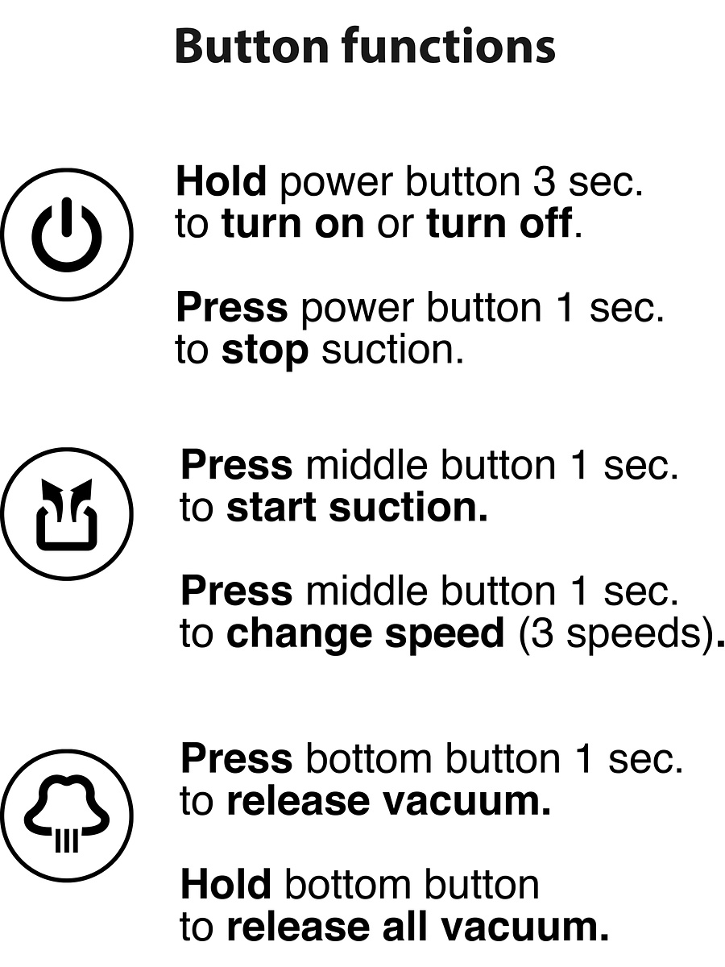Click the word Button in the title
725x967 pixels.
252,46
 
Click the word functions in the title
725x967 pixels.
448,45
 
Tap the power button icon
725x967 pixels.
67,234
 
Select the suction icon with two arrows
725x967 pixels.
67,513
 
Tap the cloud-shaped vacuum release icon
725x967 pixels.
67,816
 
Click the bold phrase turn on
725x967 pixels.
293,223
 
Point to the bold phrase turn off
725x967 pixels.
499,223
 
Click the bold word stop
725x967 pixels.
265,351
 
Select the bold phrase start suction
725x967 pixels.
357,507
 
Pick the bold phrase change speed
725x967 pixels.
366,633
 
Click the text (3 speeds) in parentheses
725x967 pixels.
619,634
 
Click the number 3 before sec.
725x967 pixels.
545,181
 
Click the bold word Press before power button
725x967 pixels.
232,308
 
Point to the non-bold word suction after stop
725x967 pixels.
392,351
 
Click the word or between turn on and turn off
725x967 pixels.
396,226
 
